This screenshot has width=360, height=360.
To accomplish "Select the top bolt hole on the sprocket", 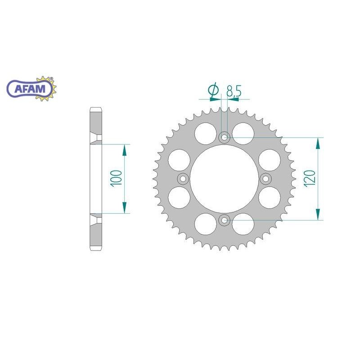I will tap(224, 137).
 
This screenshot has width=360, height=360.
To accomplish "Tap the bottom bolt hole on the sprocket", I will tap(224, 220).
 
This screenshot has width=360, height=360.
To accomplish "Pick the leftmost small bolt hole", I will tap(183, 179).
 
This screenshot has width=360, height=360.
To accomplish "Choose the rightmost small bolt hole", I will tap(265, 179).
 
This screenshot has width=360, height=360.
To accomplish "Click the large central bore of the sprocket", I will tap(224, 179).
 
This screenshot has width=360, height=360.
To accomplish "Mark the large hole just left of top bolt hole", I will tap(205, 131).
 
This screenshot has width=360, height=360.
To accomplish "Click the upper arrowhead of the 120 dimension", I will tap(319, 143).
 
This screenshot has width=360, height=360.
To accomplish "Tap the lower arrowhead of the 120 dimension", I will tap(319, 214).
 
